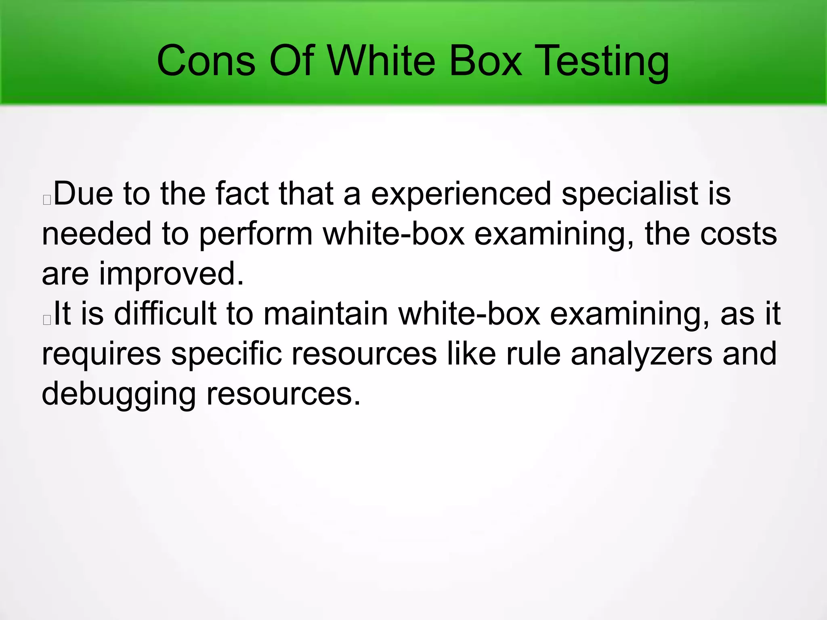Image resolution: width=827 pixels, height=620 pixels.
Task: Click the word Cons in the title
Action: click(206, 61)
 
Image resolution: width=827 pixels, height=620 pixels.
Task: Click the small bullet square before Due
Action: click(47, 200)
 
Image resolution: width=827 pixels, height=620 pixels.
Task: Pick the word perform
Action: click(256, 234)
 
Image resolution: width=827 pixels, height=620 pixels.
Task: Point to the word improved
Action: click(171, 274)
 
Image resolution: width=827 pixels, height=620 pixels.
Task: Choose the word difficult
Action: click(165, 314)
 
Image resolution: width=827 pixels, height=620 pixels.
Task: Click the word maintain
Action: click(325, 314)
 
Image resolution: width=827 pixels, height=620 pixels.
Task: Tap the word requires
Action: click(101, 354)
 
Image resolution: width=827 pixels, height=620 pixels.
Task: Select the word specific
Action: click(226, 354)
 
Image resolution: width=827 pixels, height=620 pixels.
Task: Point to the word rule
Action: click(533, 354)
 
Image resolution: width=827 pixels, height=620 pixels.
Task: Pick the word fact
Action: click(242, 194)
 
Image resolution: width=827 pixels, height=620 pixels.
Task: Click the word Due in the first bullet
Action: click(83, 194)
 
